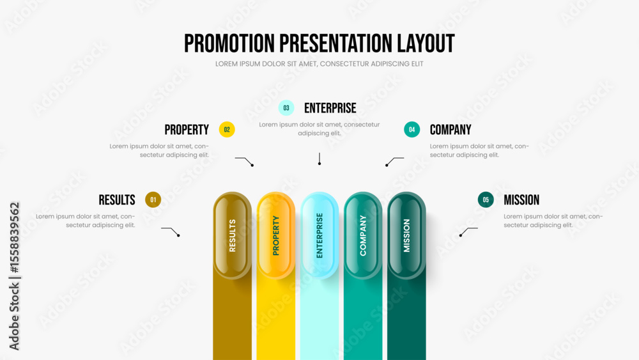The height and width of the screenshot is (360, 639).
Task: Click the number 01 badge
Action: click(153, 200)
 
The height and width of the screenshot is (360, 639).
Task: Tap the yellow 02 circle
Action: click(227, 130)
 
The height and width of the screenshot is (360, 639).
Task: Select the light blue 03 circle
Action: click(286, 108)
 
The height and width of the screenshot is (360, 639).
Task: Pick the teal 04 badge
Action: click(412, 130)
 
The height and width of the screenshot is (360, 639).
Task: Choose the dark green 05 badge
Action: click(486, 200)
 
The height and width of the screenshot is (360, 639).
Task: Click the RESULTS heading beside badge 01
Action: click(117, 200)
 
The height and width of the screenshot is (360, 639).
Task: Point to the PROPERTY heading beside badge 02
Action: click(187, 130)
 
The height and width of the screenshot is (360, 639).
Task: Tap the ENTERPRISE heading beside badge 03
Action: click(330, 108)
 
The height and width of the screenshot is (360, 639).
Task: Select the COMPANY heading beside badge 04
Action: click(450, 130)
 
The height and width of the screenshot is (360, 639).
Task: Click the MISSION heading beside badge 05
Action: click(521, 200)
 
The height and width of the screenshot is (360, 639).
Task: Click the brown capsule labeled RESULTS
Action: click(233, 236)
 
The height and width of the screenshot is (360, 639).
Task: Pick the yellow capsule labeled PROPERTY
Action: click(276, 236)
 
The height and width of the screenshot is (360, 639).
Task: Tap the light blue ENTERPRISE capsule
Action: click(319, 236)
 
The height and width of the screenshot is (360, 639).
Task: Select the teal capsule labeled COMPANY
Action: click(363, 236)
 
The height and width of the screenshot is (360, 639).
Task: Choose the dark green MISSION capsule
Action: click(406, 236)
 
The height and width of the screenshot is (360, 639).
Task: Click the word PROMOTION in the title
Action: click(229, 43)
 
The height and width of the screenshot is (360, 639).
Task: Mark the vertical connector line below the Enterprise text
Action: click(319, 159)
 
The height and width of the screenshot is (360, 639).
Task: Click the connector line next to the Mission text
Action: click(468, 231)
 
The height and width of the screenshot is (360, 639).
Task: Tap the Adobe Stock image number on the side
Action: click(14, 238)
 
